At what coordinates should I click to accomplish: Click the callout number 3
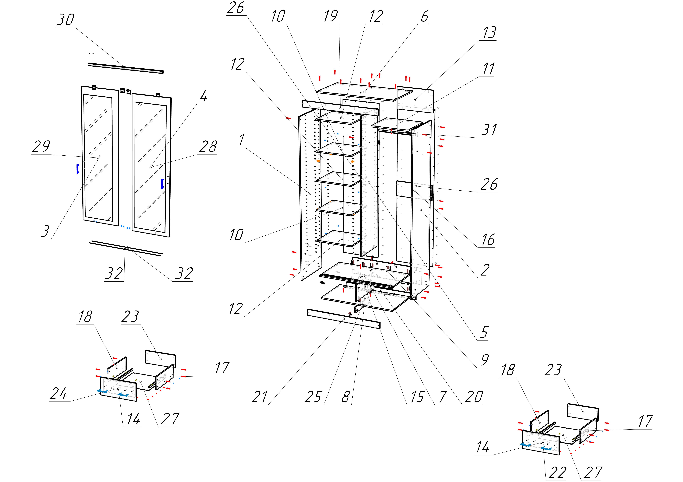(x=45, y=231)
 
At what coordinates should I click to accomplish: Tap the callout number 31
(x=489, y=130)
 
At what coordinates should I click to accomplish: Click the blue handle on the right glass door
(x=162, y=184)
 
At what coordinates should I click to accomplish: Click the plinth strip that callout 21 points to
(x=344, y=319)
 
